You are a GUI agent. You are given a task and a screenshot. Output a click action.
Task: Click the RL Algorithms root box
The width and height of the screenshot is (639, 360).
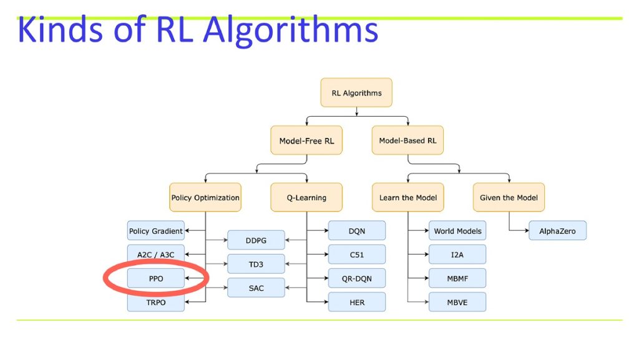tap(356, 93)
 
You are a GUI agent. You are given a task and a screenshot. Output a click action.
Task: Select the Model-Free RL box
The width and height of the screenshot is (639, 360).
tap(306, 140)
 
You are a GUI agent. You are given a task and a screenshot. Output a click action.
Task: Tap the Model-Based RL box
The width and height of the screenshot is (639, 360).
tap(407, 140)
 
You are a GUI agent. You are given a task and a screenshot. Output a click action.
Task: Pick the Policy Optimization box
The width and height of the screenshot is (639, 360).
tap(205, 198)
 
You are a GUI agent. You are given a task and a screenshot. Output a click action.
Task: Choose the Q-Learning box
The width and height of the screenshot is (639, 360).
tap(306, 198)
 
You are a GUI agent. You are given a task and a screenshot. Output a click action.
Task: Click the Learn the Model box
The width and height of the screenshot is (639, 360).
tap(408, 198)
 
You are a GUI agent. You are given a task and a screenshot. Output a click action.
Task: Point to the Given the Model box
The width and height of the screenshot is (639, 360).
tap(509, 198)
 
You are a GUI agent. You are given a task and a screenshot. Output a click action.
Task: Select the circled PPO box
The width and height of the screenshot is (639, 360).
tap(155, 278)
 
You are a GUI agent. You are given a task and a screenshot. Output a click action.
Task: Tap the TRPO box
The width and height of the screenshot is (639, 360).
tap(155, 302)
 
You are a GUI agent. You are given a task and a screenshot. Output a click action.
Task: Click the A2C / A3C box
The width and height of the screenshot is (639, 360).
tap(155, 255)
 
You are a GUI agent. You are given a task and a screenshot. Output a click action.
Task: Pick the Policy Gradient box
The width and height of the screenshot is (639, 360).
tap(155, 231)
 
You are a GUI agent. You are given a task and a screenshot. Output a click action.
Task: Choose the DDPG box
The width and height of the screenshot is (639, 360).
tap(256, 240)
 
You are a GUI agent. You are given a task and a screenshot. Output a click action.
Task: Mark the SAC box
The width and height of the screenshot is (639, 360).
tap(256, 288)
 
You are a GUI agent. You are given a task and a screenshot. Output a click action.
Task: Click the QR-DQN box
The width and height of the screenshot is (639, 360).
tap(356, 278)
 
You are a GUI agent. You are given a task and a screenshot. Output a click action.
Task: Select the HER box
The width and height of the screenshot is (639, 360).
tap(356, 302)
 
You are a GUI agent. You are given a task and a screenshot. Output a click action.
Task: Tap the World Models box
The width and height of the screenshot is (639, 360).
tap(457, 231)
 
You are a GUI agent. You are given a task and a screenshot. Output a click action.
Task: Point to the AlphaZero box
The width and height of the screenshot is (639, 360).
tap(557, 231)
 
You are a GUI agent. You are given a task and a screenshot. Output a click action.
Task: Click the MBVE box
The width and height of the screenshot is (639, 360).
tap(457, 302)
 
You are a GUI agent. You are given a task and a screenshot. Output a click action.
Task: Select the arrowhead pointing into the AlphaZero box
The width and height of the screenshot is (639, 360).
tap(526, 230)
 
